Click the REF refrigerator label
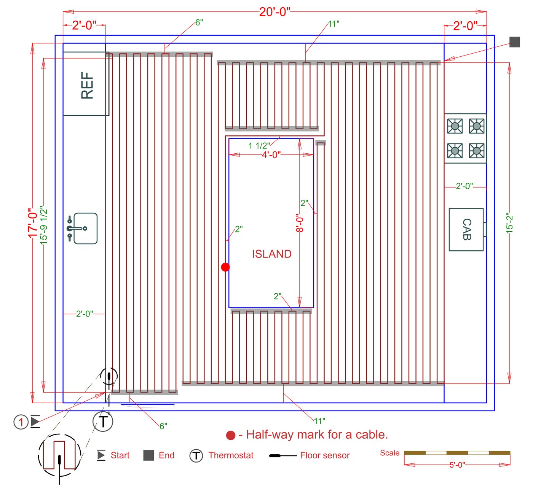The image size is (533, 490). [x=87, y=86]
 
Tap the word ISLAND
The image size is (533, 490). [x=271, y=254]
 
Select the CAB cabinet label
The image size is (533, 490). [x=467, y=229]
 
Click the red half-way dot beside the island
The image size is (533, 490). [x=225, y=267]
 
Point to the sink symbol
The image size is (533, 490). [x=82, y=228]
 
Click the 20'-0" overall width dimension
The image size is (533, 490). [x=275, y=12]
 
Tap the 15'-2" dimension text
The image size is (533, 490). [x=509, y=223]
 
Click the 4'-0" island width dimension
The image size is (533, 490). [x=271, y=154]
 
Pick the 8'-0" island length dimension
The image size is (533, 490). [x=300, y=223]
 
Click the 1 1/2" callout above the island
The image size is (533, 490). [x=259, y=146]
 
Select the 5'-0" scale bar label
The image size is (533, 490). [x=457, y=465]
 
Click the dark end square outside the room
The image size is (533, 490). [x=515, y=42]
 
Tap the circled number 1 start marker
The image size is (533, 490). [x=21, y=422]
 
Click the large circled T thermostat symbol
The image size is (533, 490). [x=103, y=421]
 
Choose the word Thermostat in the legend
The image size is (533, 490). [x=231, y=455]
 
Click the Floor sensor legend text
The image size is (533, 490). [x=325, y=455]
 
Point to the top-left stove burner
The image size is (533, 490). [x=455, y=126]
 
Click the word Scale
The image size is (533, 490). [x=389, y=453]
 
